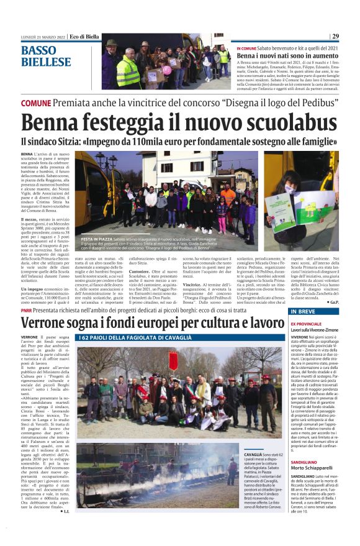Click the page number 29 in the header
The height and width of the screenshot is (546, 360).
tap(335, 37)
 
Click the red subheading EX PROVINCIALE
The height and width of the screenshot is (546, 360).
tap(305, 324)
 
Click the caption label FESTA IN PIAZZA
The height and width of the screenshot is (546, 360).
tap(96, 239)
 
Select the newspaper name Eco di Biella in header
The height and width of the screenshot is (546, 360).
tap(84, 37)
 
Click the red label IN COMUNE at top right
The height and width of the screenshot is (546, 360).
tap(246, 48)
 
